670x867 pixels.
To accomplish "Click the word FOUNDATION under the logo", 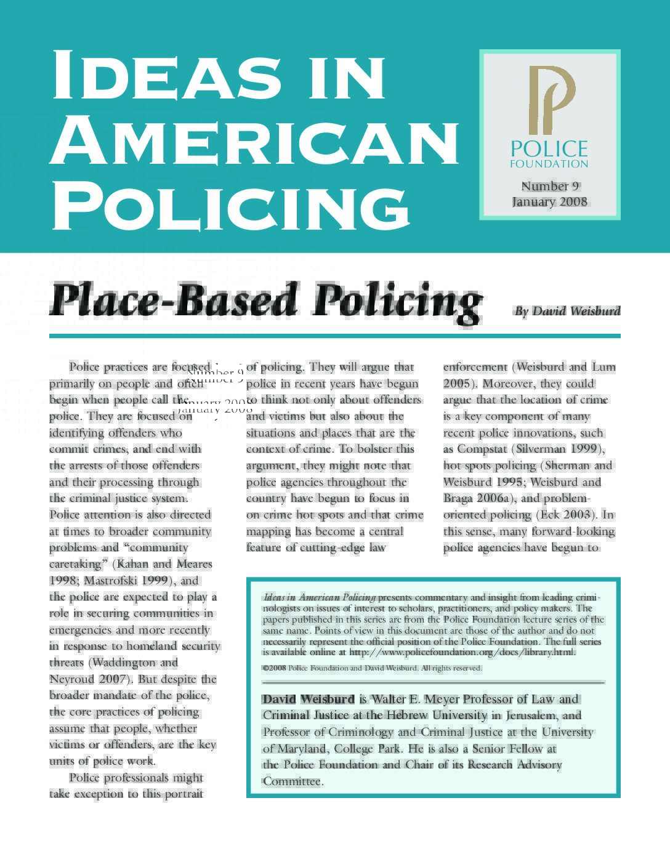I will (549, 164).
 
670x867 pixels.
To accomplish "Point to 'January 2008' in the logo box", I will (549, 202).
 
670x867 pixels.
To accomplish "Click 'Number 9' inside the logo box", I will (550, 186).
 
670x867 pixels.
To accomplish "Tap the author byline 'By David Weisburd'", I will (567, 311).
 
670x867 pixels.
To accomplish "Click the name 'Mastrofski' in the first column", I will (111, 580).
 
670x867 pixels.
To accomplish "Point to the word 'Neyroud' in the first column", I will (71, 679).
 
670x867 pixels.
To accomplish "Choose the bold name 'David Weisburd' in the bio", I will (309, 699).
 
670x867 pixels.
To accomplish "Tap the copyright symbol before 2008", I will (265, 668).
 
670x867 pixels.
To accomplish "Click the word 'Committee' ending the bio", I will (292, 781).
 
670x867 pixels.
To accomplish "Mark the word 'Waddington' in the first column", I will (123, 663).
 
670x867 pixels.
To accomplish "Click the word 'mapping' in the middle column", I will (268, 531).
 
